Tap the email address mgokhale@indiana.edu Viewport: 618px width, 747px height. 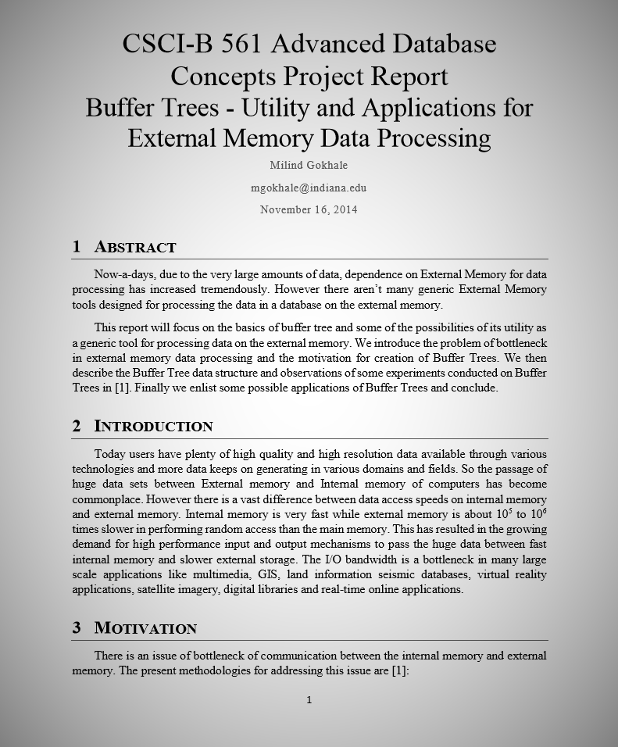point(309,188)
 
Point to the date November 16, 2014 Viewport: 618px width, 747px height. point(309,209)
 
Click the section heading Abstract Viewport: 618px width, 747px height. point(135,247)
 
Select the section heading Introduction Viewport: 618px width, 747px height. point(153,426)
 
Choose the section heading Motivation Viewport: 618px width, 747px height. point(145,627)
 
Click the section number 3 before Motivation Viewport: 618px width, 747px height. point(77,627)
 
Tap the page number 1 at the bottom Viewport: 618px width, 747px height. point(309,700)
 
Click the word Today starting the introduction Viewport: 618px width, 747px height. point(110,454)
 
